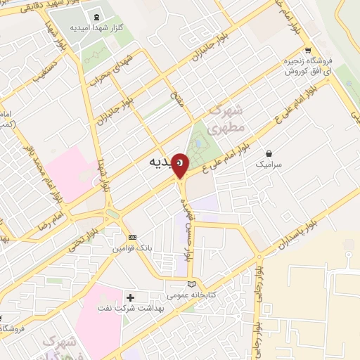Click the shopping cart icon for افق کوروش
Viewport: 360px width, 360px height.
288,50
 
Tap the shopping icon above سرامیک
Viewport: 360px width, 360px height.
269,153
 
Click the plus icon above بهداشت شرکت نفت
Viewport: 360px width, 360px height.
130,298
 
